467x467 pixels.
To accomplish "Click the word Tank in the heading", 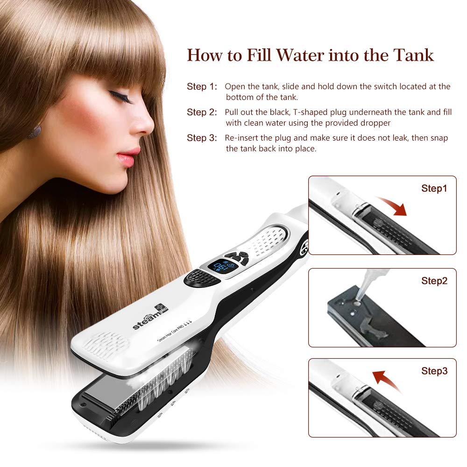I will pyautogui.click(x=414, y=55).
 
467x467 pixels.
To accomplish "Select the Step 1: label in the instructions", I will pyautogui.click(x=202, y=87).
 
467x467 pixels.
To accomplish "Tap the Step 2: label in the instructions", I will pyautogui.click(x=202, y=113).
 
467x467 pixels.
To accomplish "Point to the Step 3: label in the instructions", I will pyautogui.click(x=202, y=138).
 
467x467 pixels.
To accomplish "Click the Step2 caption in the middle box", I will pyautogui.click(x=434, y=281).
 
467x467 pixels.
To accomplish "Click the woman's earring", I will pyautogui.click(x=34, y=131).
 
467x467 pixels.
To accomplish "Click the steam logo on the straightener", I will pyautogui.click(x=149, y=318).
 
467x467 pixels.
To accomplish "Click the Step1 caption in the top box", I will pyautogui.click(x=434, y=189).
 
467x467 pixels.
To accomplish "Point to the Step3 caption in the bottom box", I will pyautogui.click(x=434, y=371).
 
